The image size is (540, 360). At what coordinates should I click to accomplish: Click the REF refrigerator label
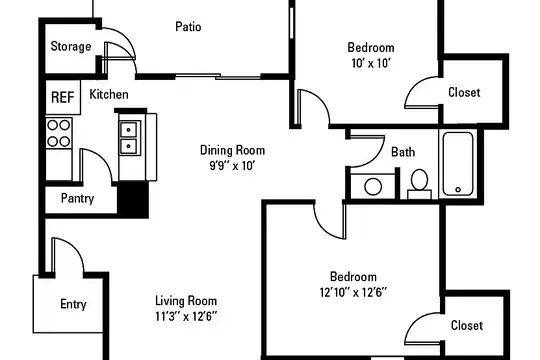tap(63, 97)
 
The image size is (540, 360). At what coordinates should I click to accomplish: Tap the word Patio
tap(188, 27)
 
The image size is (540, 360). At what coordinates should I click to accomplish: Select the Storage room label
tap(71, 47)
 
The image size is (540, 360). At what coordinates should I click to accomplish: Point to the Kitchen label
tap(109, 94)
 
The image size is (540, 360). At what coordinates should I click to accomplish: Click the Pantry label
tap(77, 198)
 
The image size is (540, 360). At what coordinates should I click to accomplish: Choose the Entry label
tap(73, 304)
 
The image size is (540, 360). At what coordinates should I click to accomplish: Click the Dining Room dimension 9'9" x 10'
tap(232, 166)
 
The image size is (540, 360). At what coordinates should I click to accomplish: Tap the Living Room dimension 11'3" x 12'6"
tap(186, 316)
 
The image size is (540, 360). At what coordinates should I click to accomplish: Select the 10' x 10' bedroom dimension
tap(371, 63)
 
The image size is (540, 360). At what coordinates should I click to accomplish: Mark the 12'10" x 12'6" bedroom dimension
tap(353, 292)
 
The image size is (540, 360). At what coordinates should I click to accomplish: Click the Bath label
tap(403, 152)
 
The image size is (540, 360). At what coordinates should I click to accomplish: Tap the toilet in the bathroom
tap(419, 184)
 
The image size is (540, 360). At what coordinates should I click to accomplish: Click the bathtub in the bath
tap(458, 164)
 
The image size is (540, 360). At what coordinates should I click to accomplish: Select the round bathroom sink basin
tap(373, 187)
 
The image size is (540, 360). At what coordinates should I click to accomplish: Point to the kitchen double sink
tap(129, 138)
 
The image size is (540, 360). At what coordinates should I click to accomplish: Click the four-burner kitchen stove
tap(59, 133)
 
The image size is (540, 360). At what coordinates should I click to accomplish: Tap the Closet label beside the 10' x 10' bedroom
tap(464, 92)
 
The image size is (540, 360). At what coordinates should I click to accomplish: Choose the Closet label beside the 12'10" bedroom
tap(467, 326)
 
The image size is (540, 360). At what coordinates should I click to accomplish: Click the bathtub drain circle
tap(458, 189)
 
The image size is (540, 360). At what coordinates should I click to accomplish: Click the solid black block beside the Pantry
tap(133, 199)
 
